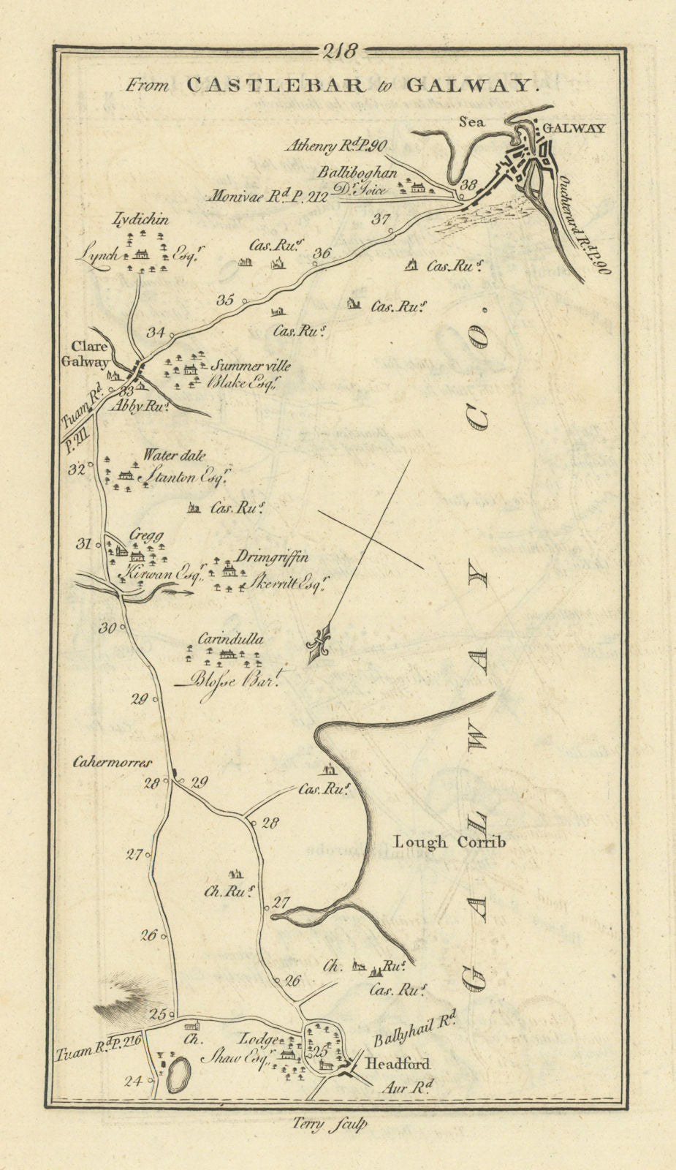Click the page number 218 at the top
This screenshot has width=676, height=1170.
338,51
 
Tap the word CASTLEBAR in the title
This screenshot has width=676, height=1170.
275,86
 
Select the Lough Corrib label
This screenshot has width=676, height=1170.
449,842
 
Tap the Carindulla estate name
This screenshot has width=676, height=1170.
229,638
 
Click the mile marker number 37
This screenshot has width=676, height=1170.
381,218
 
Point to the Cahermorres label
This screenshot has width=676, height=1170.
112,762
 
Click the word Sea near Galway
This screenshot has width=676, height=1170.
472,122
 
